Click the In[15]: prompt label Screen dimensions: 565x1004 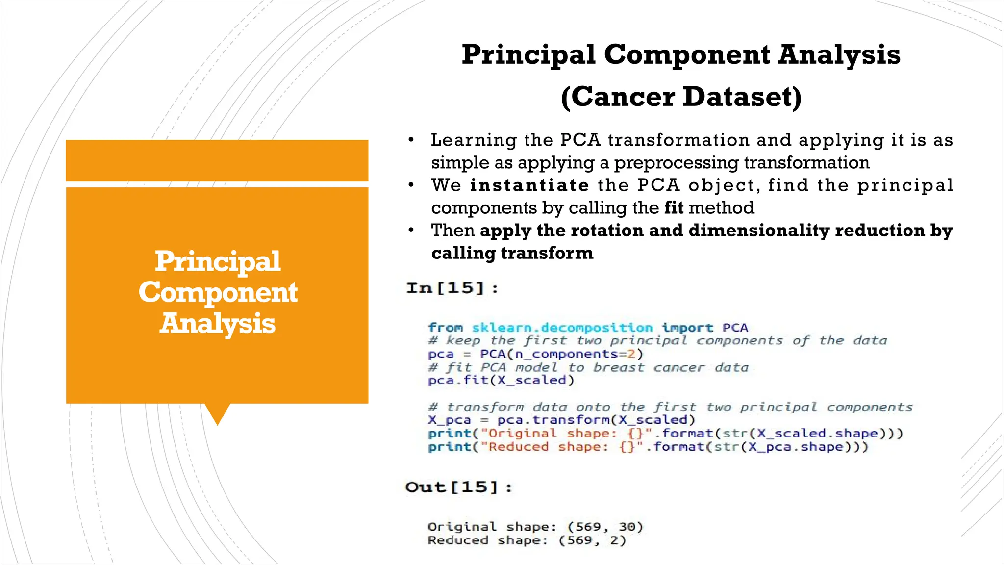pyautogui.click(x=452, y=288)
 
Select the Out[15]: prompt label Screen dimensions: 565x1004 pyautogui.click(x=458, y=487)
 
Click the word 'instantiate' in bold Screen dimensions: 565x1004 pyautogui.click(x=529, y=185)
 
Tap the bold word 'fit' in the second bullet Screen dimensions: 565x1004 pyautogui.click(x=674, y=208)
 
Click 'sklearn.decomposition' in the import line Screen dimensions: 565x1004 pyautogui.click(x=562, y=328)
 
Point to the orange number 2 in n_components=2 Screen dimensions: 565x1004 pyautogui.click(x=631, y=354)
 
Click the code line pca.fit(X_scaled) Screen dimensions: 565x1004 pyautogui.click(x=501, y=381)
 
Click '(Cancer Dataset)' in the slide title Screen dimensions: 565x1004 pyautogui.click(x=681, y=97)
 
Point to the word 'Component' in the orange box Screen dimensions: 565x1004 pyautogui.click(x=218, y=292)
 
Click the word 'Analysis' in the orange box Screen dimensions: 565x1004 pyautogui.click(x=218, y=324)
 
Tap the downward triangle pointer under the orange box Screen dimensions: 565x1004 pyautogui.click(x=217, y=413)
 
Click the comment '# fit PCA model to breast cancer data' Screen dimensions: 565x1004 pyautogui.click(x=588, y=367)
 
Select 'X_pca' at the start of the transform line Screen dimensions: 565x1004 pyautogui.click(x=449, y=420)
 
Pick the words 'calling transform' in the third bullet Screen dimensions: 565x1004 pyautogui.click(x=512, y=253)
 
